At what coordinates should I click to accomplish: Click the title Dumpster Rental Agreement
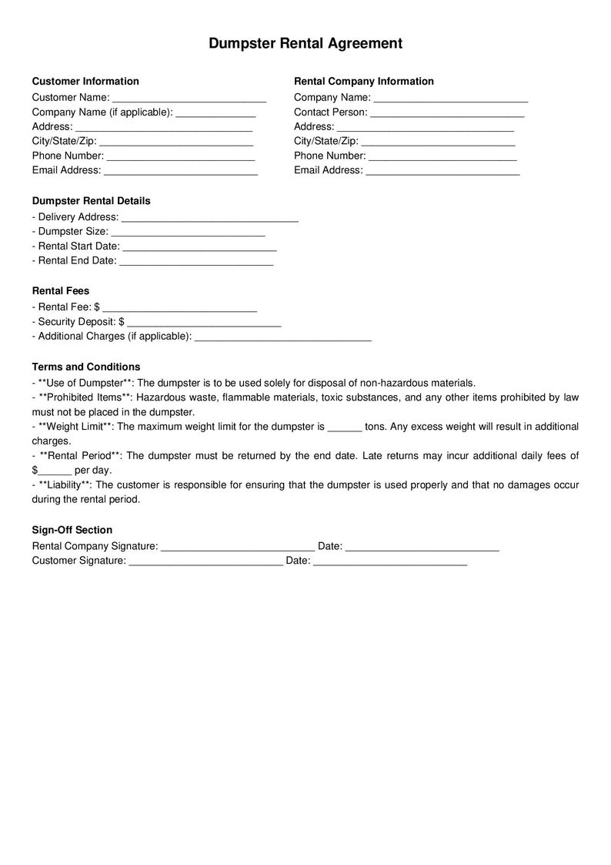(x=305, y=44)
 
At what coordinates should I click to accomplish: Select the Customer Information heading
(x=85, y=82)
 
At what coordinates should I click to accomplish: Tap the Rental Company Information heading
(x=364, y=82)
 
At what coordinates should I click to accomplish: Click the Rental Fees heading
(x=61, y=291)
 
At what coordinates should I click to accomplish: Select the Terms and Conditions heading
(x=86, y=367)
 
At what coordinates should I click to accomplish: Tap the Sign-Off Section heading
(x=72, y=530)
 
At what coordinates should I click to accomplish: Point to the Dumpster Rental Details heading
(x=91, y=201)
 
